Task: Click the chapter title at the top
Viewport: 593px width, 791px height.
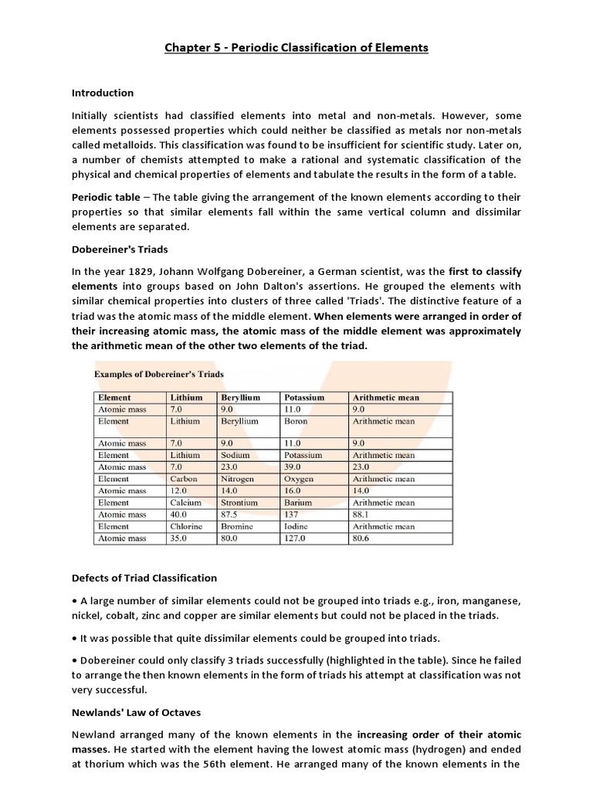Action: click(296, 48)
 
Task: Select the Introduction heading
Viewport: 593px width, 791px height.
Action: click(103, 93)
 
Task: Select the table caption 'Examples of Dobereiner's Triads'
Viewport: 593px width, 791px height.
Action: click(159, 374)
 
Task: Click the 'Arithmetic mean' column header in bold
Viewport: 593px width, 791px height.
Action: click(385, 397)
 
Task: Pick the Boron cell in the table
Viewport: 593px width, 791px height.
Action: click(296, 422)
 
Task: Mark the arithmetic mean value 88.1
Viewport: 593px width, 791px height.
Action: click(361, 514)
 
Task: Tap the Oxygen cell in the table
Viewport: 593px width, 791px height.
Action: click(299, 479)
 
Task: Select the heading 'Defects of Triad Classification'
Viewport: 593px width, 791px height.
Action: click(144, 578)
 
